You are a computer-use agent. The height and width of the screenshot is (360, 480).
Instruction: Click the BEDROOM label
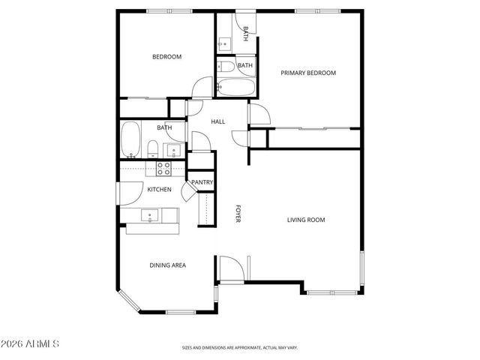coord(166,56)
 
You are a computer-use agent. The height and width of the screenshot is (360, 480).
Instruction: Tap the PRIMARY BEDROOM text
coord(307,73)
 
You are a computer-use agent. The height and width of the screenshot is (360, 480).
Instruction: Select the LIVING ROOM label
coord(306,220)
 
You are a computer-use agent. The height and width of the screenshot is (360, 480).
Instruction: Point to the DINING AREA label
coord(168,265)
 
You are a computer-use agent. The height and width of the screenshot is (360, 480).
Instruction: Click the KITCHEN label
coord(159,190)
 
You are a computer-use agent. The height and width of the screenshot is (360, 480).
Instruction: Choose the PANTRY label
coord(202,182)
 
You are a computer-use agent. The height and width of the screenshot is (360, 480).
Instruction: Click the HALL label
coord(217,121)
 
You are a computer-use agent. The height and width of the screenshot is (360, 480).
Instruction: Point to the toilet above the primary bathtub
coord(226,67)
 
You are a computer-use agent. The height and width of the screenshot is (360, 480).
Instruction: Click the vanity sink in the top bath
coord(226,43)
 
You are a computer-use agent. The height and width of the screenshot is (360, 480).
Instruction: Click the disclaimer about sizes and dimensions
coord(239,347)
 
